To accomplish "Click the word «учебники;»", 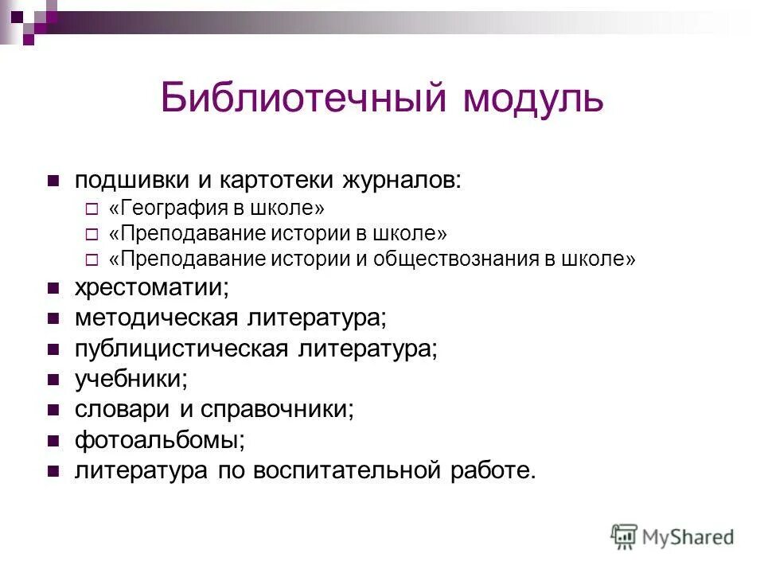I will (131, 379).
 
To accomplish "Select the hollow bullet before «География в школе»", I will (91, 209).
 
